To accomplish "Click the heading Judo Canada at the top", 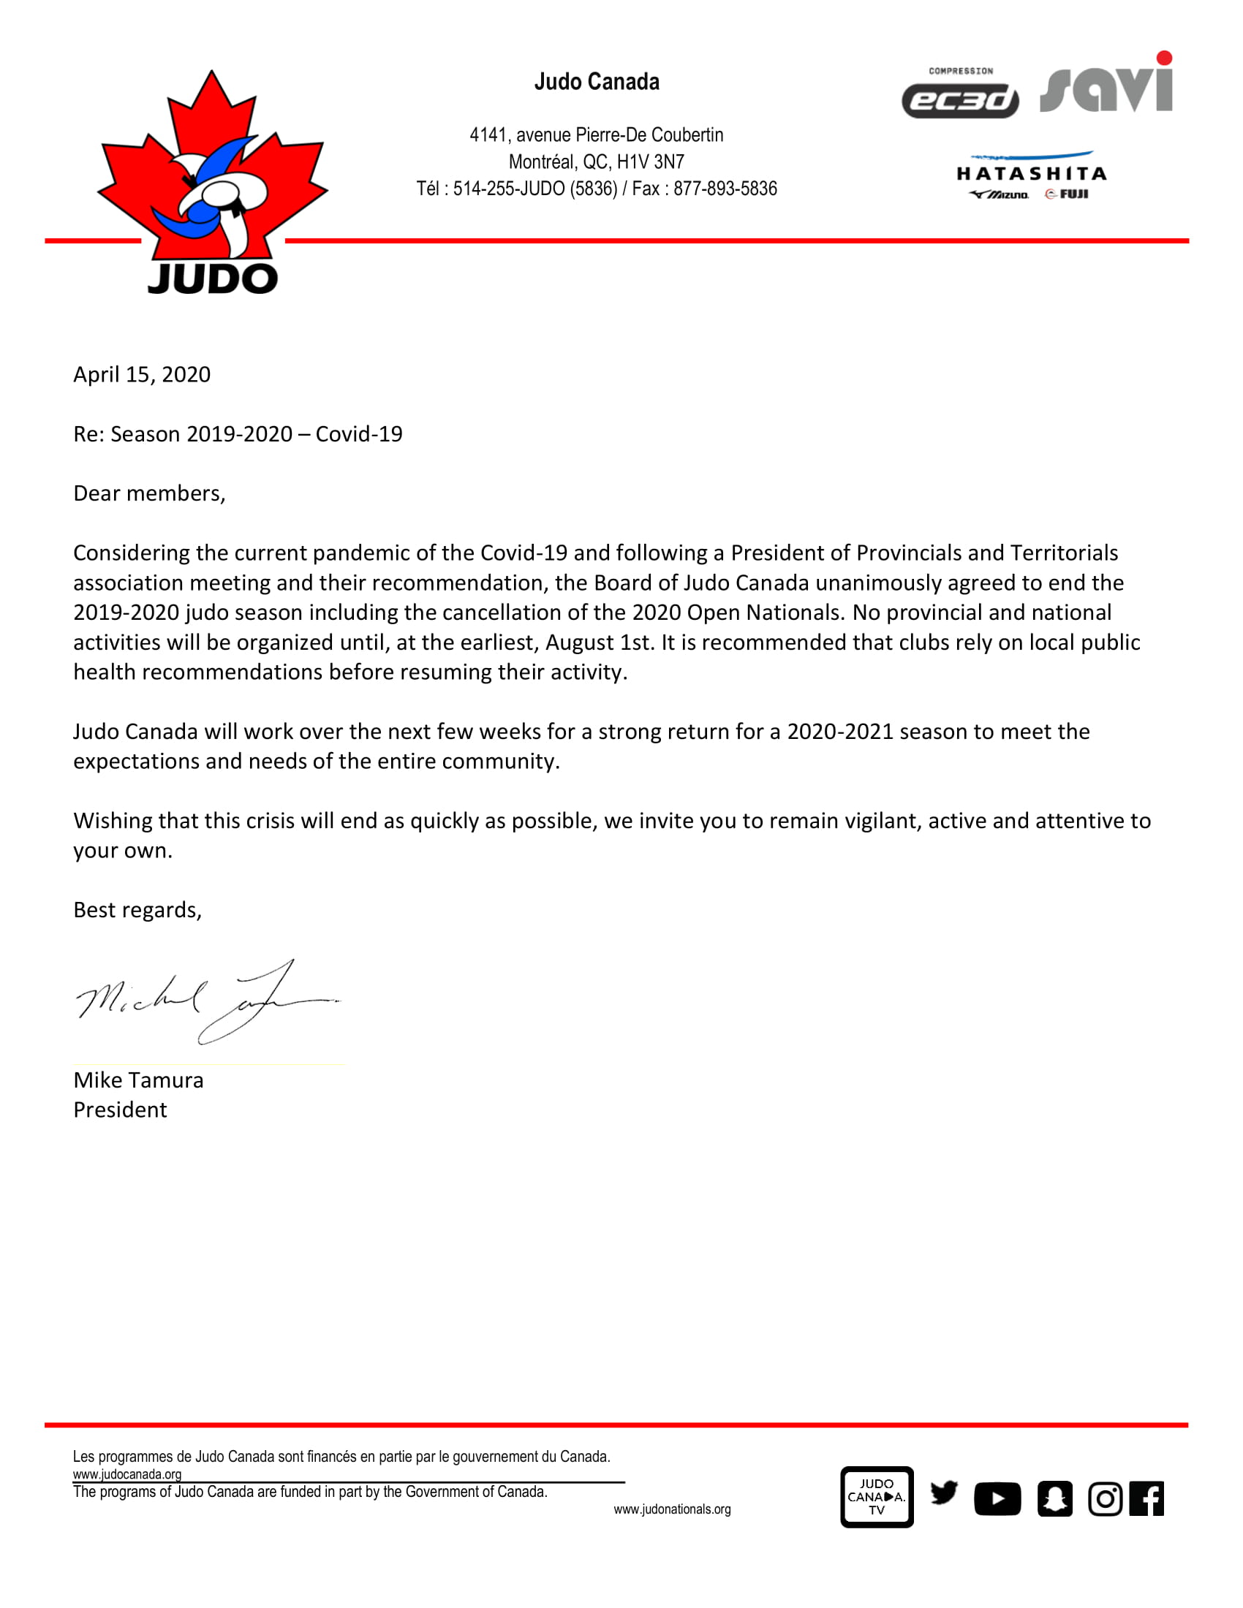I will pyautogui.click(x=597, y=82).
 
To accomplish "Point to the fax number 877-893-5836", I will pyautogui.click(x=725, y=189).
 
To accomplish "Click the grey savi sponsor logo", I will pyautogui.click(x=1106, y=85).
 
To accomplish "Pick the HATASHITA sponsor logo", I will pyautogui.click(x=1031, y=175).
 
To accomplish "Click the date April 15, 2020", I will pyautogui.click(x=142, y=375).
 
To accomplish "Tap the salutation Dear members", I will pyautogui.click(x=149, y=493).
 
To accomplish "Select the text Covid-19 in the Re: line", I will pyautogui.click(x=358, y=434).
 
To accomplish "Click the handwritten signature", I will pyautogui.click(x=206, y=1002).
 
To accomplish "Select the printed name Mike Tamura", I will pyautogui.click(x=138, y=1080).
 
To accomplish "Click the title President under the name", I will pyautogui.click(x=120, y=1110).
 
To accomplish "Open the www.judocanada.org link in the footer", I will pyautogui.click(x=126, y=1474).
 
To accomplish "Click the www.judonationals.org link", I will pyautogui.click(x=671, y=1509).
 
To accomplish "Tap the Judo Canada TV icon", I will pyautogui.click(x=876, y=1497).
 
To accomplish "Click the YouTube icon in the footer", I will pyautogui.click(x=997, y=1498).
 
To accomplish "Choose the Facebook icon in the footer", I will pyautogui.click(x=1146, y=1498).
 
